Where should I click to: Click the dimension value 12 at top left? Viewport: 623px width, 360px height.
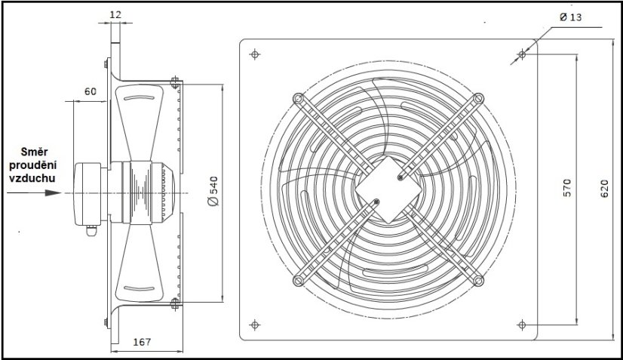click(115, 14)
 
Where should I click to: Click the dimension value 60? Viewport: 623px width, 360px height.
click(91, 91)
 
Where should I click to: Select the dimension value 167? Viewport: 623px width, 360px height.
click(142, 342)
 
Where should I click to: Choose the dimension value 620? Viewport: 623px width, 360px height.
click(603, 191)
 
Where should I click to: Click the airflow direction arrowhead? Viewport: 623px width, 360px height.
click(52, 192)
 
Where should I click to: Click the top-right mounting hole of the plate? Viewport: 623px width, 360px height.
click(522, 54)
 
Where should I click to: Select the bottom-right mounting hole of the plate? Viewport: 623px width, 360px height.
click(522, 325)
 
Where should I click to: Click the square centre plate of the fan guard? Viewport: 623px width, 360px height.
click(388, 189)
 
